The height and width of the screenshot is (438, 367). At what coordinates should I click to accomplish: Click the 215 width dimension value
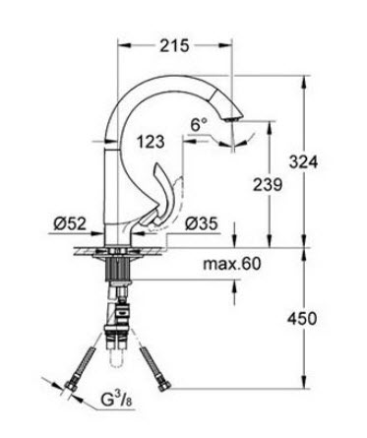[174, 45]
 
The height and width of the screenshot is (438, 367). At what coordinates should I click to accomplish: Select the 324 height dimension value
[303, 162]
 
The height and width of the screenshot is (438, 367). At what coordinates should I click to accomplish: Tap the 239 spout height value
[268, 184]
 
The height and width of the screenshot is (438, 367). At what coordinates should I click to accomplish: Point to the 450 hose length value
[302, 318]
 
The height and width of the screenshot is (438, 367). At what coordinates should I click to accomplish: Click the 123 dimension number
[151, 142]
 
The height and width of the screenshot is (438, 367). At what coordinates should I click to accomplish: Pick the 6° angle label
[199, 125]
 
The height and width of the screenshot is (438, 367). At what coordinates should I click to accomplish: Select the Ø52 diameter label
[70, 223]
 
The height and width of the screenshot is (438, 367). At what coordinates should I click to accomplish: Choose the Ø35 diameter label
[201, 223]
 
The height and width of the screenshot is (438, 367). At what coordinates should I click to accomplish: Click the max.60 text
[232, 264]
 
